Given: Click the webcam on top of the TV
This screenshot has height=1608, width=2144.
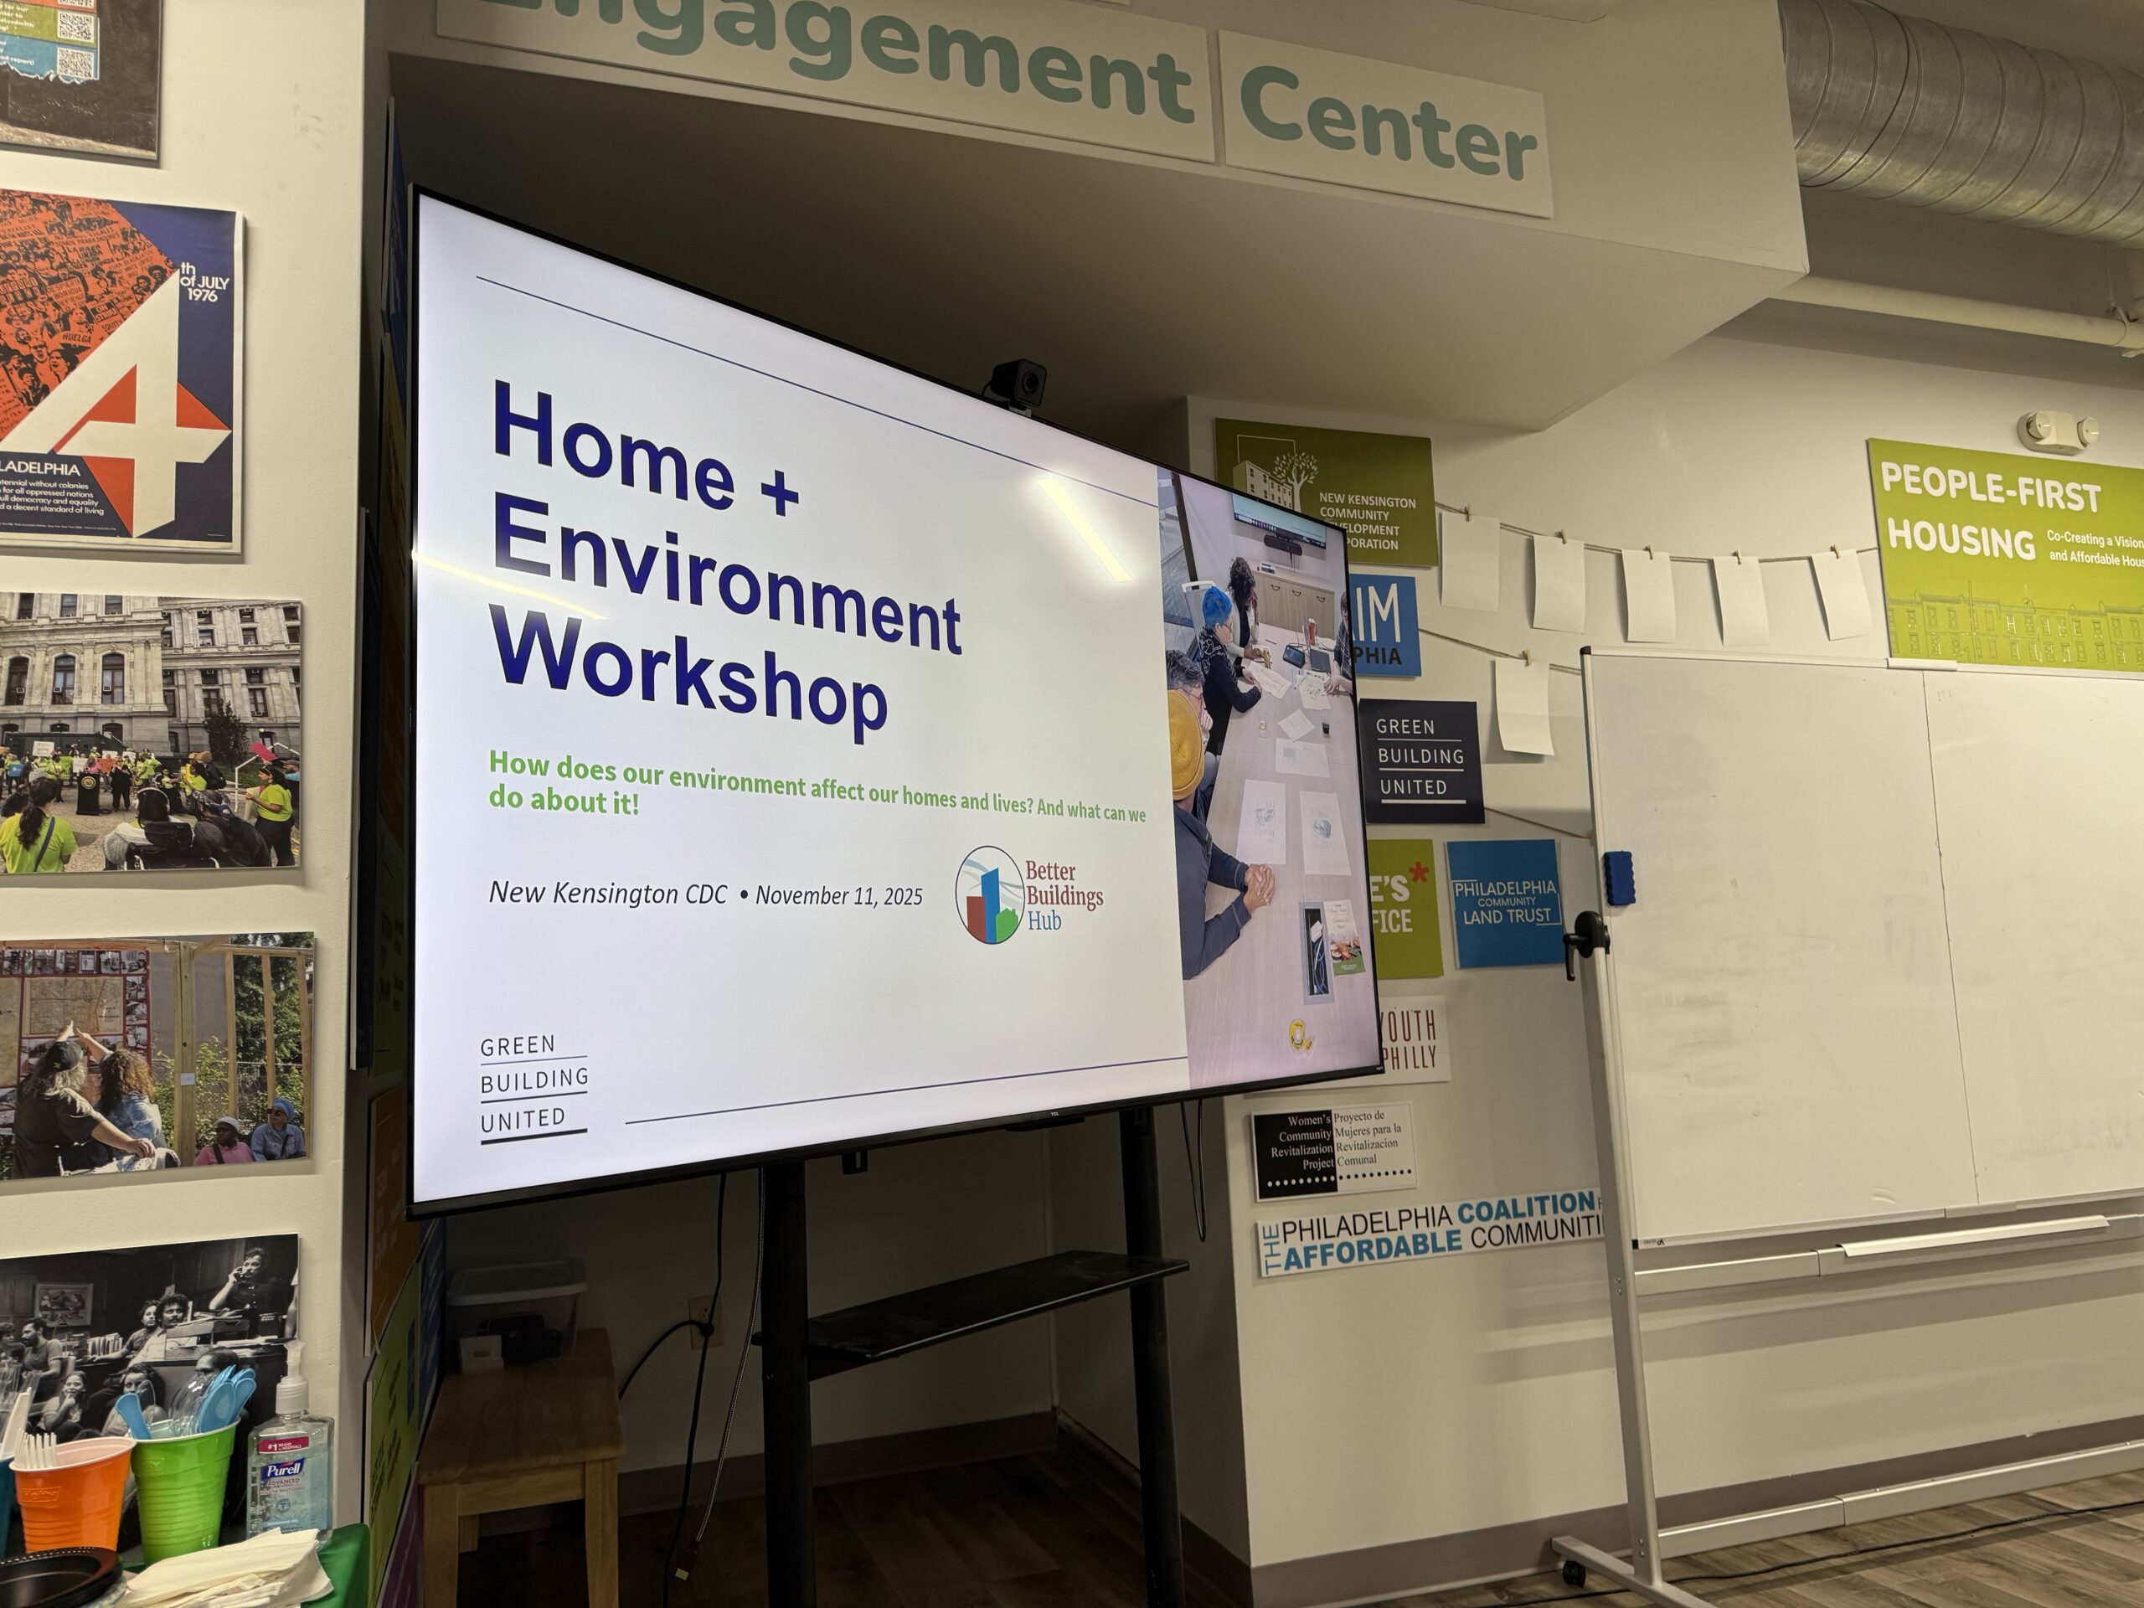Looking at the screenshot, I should [x=1018, y=383].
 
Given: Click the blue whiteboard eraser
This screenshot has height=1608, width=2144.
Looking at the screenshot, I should [x=1618, y=879].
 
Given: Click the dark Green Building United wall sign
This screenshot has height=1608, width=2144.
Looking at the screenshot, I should [x=1421, y=759].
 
